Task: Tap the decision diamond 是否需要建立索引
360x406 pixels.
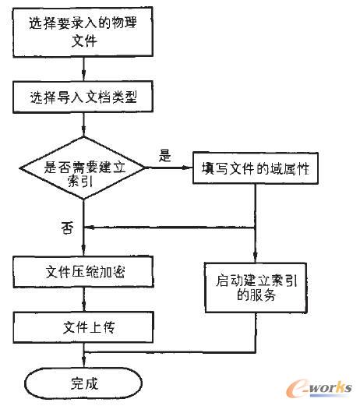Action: [82, 171]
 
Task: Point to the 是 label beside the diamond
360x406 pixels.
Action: [164, 155]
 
